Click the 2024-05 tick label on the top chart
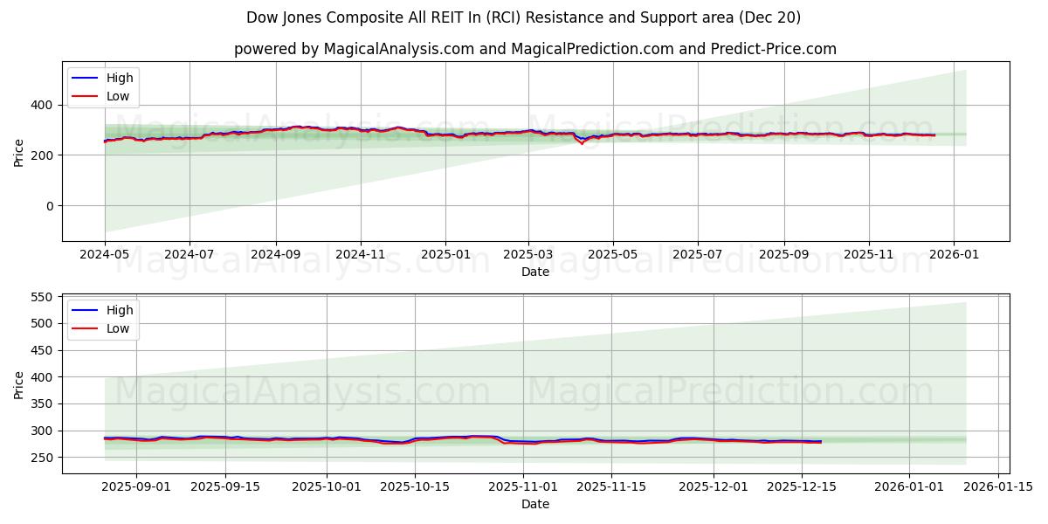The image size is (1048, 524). pos(105,254)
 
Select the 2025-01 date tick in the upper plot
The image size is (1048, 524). pos(445,254)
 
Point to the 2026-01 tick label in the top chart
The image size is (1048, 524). pos(953,254)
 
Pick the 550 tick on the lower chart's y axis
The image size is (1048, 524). pos(39,297)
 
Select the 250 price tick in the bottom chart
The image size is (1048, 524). pos(39,458)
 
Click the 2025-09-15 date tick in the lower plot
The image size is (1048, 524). pos(225,486)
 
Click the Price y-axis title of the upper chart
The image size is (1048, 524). pos(19,151)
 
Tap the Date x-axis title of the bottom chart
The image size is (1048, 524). pos(535,504)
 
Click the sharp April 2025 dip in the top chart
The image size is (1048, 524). pos(583,143)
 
